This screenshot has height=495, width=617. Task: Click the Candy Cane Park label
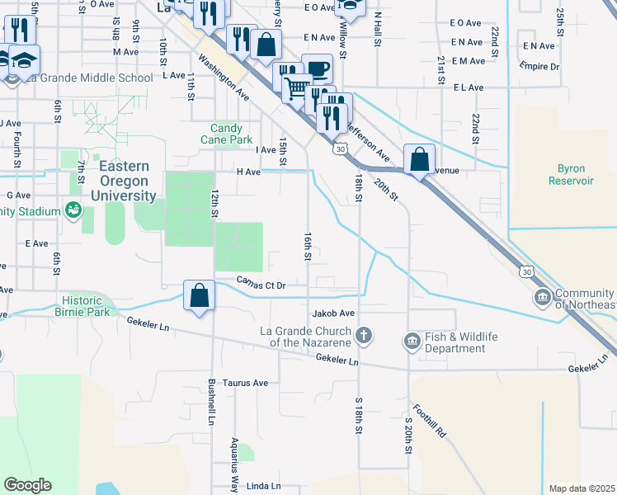[x=226, y=134]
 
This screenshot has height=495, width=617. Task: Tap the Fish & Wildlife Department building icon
[x=411, y=340]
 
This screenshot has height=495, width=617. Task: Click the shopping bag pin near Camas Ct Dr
[x=200, y=295]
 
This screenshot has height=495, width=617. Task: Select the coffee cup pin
[x=317, y=69]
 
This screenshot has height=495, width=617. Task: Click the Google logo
[x=27, y=485]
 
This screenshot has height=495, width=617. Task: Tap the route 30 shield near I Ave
[x=339, y=149]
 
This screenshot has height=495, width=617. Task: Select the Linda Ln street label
[x=264, y=486]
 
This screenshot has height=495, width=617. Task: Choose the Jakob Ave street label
[x=333, y=313]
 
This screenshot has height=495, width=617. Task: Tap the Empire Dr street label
[x=539, y=66]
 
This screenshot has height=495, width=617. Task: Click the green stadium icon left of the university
[x=74, y=210]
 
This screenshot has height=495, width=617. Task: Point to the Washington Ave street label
[x=223, y=78]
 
